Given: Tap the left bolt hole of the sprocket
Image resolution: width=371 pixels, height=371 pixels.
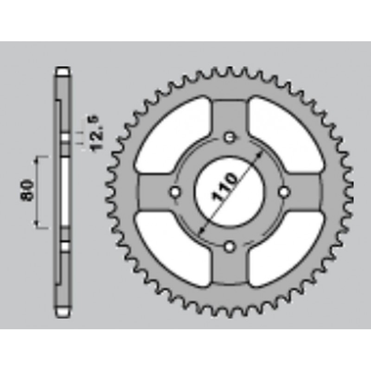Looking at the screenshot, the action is coord(175,192).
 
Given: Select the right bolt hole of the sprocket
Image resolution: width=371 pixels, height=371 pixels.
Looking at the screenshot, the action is coord(284,192).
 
